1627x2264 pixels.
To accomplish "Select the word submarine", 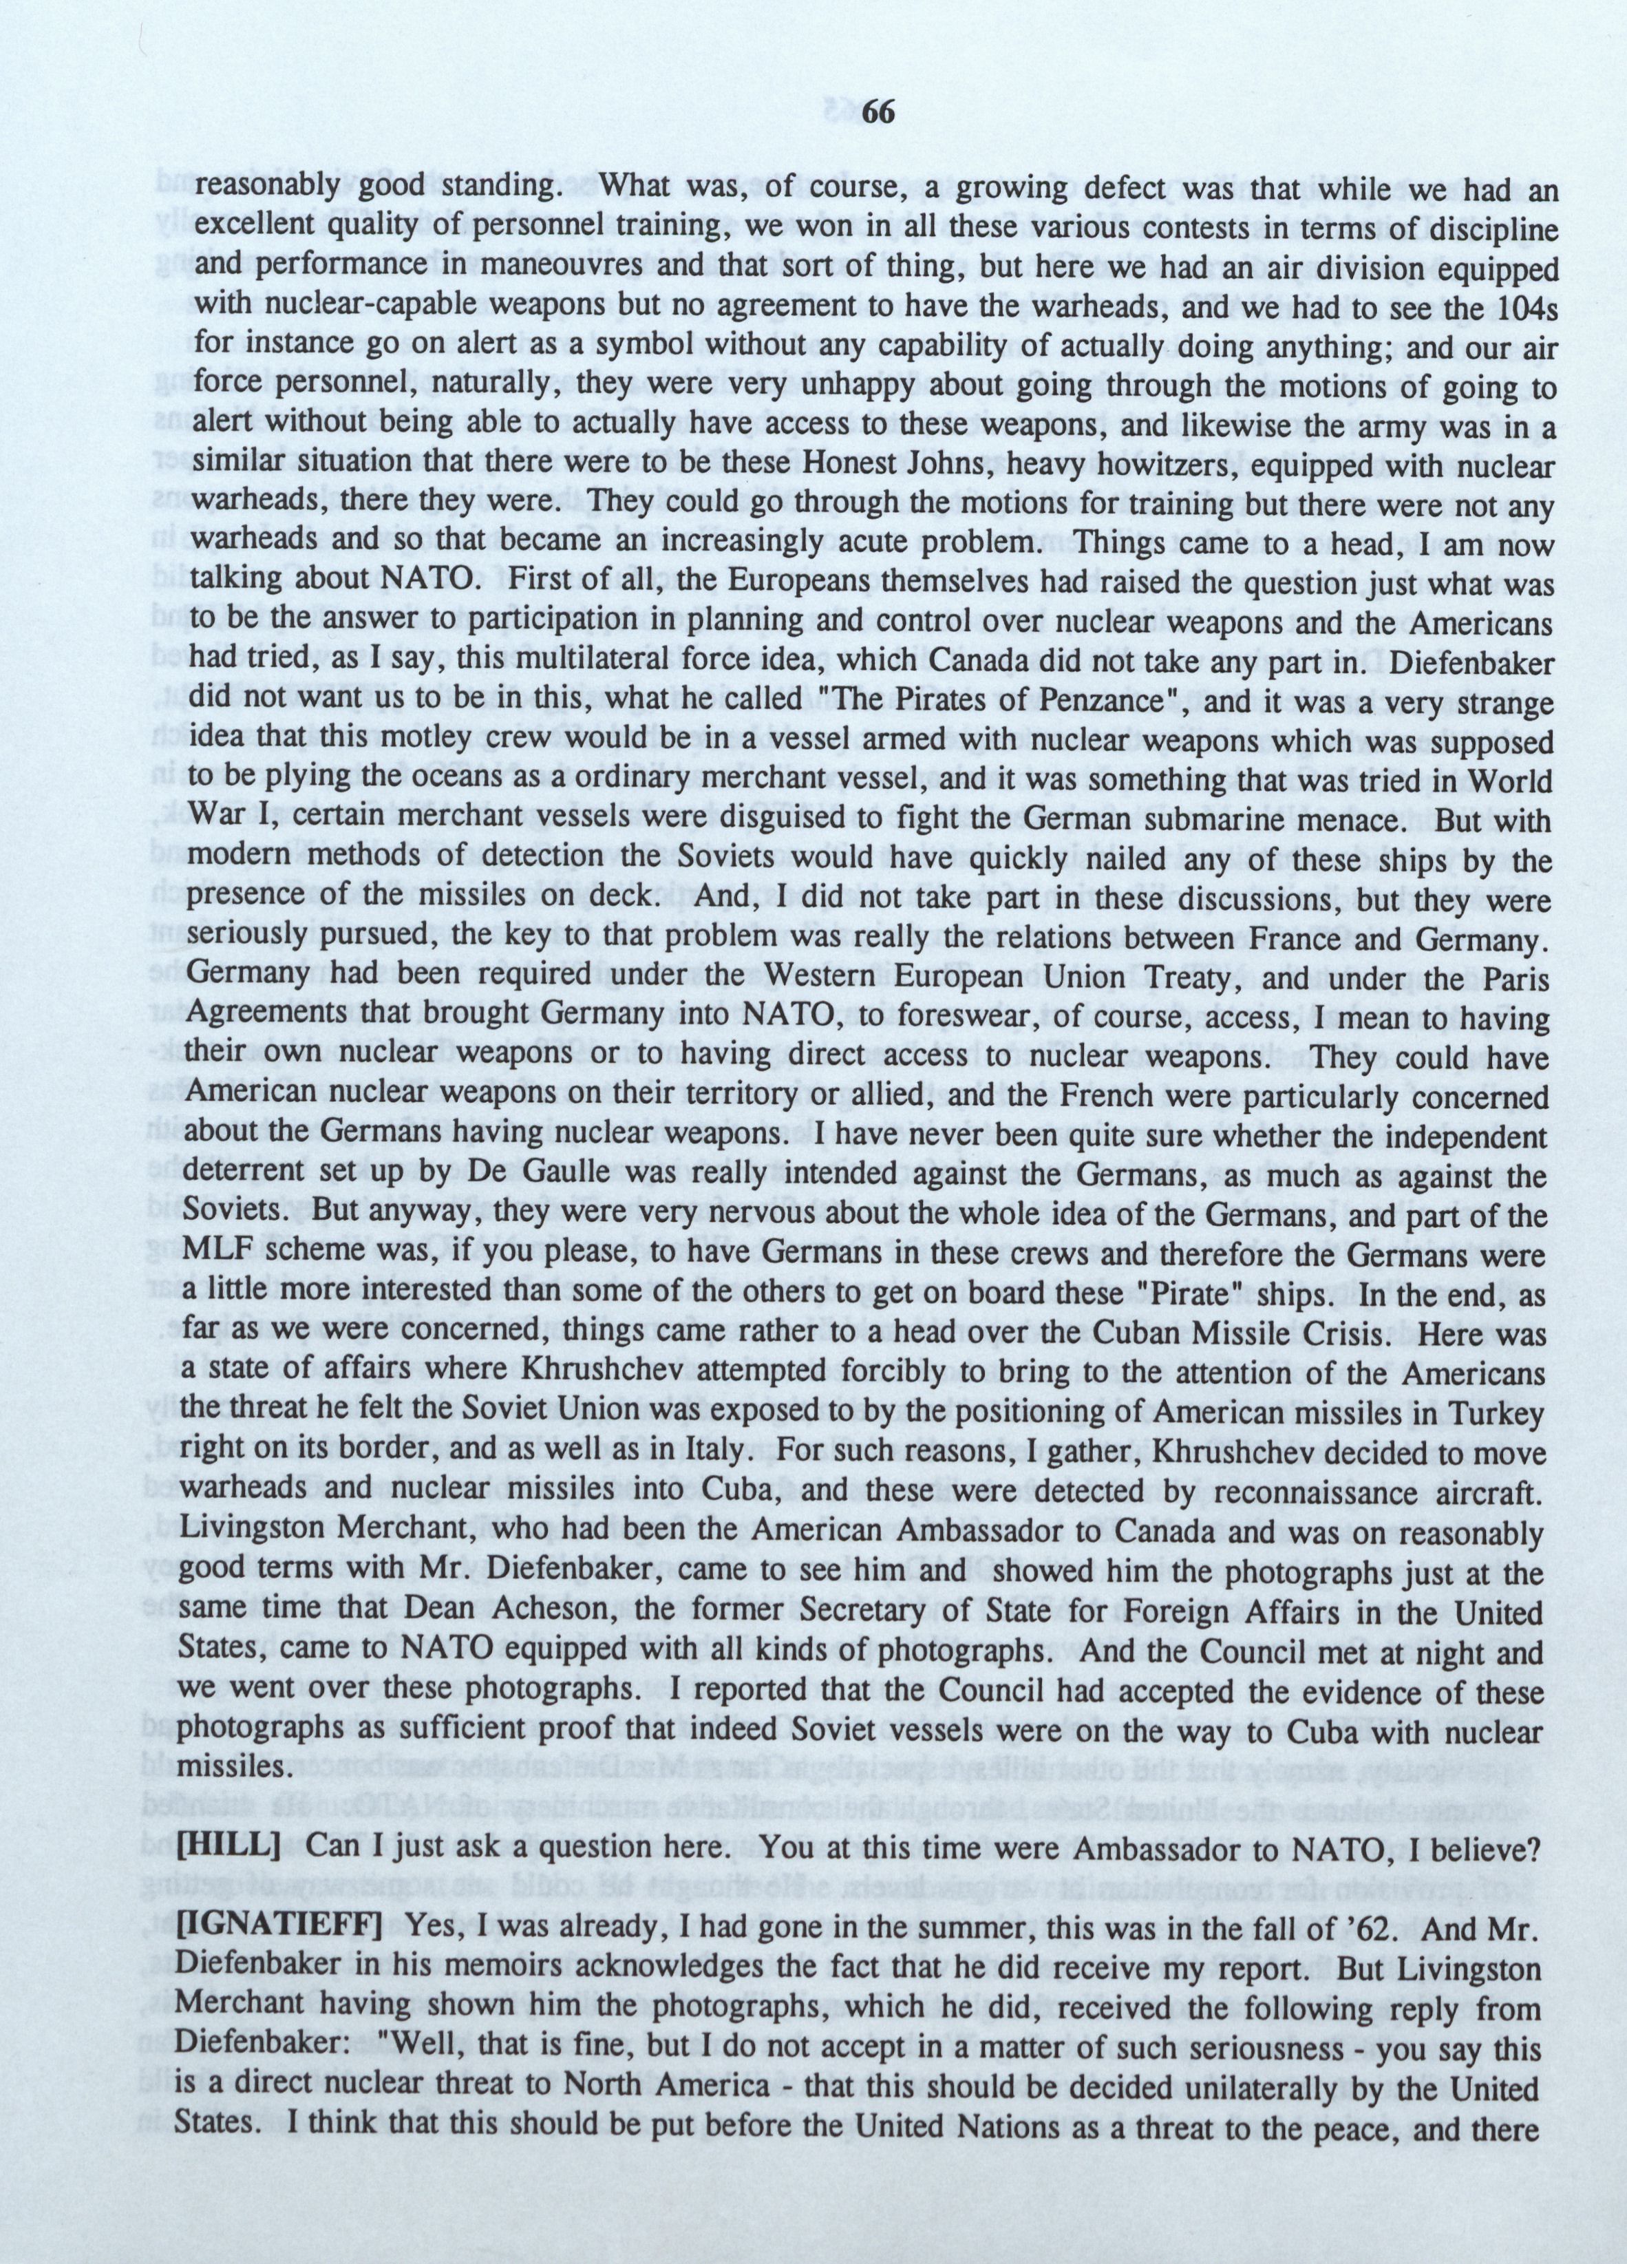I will pyautogui.click(x=1160, y=821).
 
